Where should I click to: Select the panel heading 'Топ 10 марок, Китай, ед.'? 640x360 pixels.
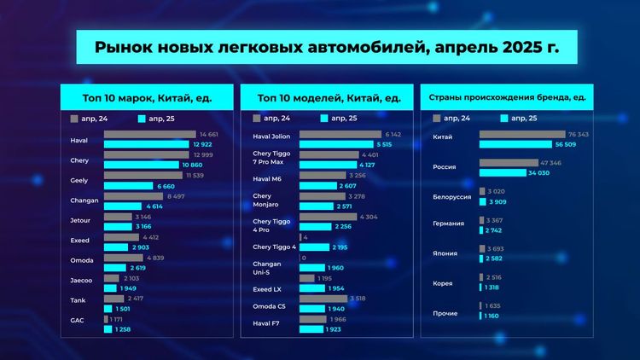tap(147, 98)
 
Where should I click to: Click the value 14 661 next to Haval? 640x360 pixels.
tap(209, 135)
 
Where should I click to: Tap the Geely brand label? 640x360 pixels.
tap(79, 181)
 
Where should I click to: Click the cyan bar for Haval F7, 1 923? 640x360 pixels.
tap(311, 329)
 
